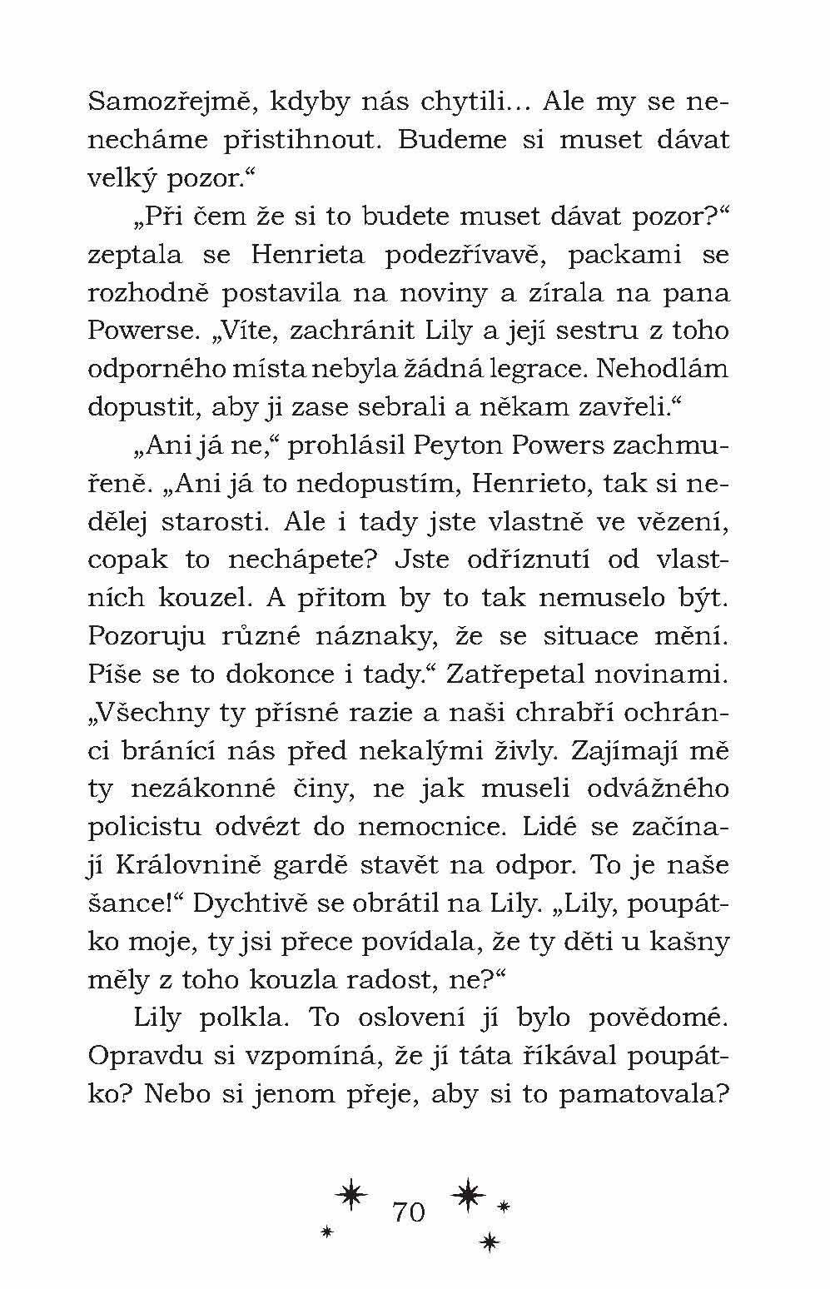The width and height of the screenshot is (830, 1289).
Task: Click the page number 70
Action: point(408,1212)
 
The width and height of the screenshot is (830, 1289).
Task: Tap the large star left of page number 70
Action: point(352,1195)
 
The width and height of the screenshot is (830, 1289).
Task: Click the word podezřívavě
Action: point(465,255)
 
